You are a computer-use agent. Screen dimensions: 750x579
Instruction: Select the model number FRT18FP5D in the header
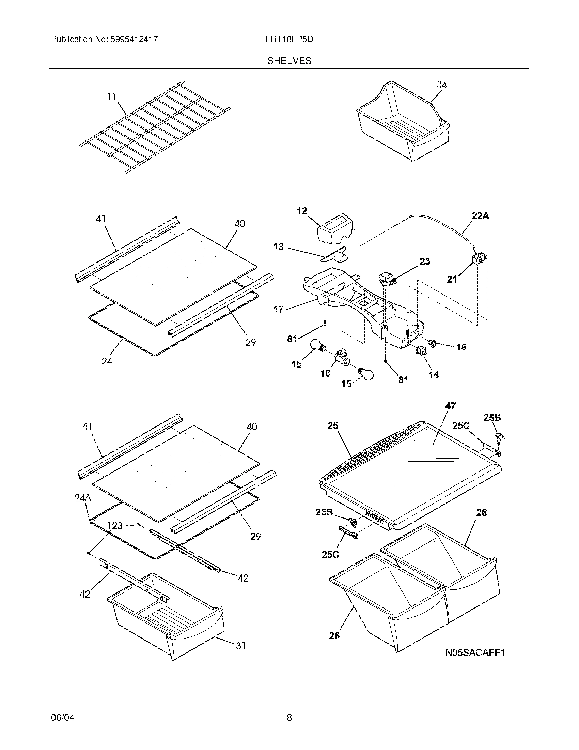289,39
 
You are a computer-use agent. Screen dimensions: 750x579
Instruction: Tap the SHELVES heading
289,61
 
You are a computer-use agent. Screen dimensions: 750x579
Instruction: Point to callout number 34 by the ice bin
442,85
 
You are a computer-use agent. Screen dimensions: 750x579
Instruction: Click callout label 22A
480,216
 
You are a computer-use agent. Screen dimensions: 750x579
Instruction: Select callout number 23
425,261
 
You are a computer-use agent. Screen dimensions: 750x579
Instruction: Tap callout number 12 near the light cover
302,211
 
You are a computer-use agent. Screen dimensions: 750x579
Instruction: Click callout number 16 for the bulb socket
325,373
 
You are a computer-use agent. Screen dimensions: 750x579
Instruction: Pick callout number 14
434,375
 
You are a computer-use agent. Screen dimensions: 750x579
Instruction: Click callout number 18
461,347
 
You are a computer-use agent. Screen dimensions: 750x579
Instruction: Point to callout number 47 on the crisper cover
450,406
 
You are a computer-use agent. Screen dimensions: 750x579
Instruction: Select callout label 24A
83,498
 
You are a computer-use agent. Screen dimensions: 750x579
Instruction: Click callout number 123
115,526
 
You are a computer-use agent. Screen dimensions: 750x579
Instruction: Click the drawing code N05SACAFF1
475,652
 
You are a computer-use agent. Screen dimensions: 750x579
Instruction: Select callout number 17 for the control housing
278,310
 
